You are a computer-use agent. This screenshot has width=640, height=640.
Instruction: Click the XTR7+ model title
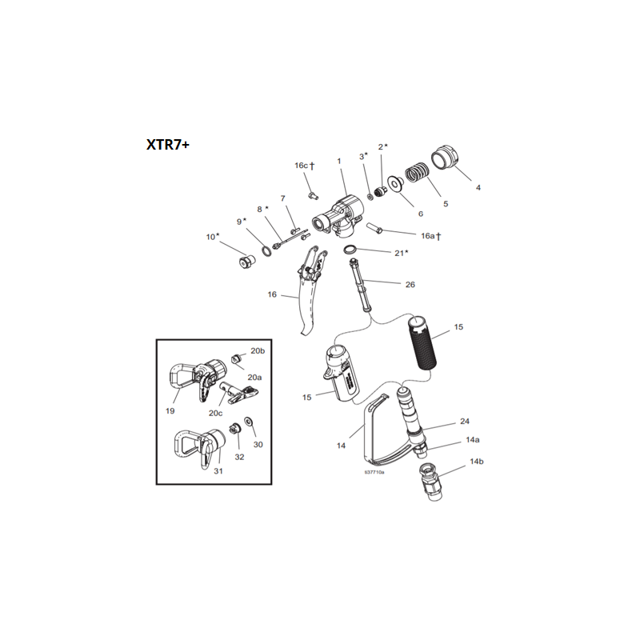(x=167, y=145)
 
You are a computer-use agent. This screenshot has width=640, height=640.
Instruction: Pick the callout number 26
(x=410, y=284)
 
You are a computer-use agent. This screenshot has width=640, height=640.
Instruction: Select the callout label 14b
(x=477, y=462)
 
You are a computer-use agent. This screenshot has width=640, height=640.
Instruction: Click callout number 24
(x=464, y=422)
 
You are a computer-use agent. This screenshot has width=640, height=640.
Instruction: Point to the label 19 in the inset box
(x=170, y=410)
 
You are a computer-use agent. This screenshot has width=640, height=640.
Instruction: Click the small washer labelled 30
(x=248, y=422)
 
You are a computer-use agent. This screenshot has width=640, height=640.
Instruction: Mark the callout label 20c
(x=215, y=413)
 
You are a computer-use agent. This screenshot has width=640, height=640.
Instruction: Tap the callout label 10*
(x=212, y=237)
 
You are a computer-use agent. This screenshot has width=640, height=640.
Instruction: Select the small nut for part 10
(x=246, y=262)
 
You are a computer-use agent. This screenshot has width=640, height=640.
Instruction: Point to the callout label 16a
(x=430, y=236)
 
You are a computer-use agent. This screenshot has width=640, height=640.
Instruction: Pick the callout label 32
(x=238, y=457)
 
